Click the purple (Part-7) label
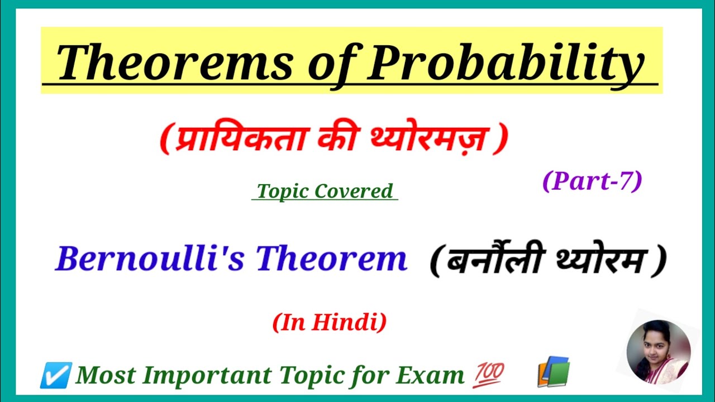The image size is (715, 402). (592, 181)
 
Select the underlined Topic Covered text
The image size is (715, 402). (325, 191)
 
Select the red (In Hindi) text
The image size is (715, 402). (329, 323)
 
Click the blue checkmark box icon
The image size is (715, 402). (55, 375)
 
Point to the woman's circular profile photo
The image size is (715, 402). (659, 352)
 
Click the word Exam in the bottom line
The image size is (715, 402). (430, 375)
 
